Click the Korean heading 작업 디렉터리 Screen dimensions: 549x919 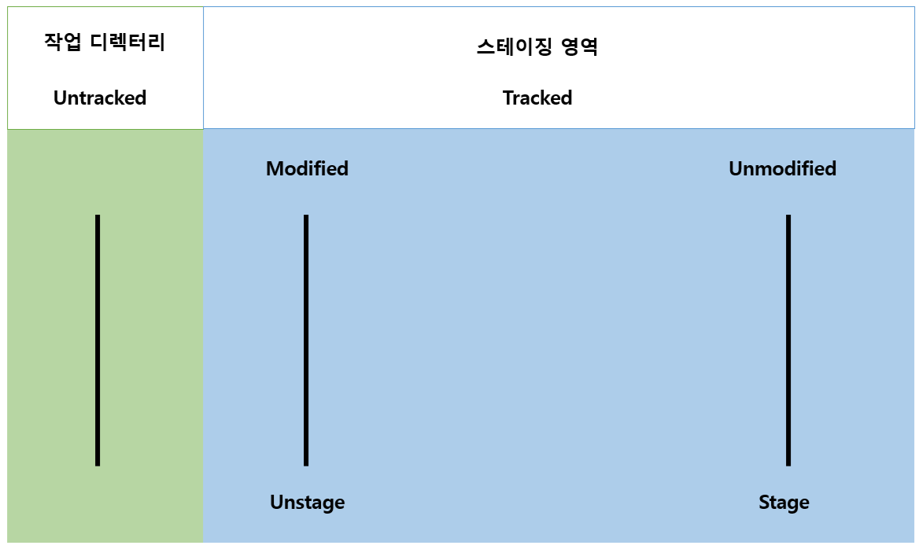105,42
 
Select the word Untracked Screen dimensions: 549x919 100,98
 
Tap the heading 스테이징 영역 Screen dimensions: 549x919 537,47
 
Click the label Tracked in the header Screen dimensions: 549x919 537,98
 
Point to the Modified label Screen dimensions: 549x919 307,169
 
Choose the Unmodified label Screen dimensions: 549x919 782,169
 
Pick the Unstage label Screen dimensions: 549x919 307,503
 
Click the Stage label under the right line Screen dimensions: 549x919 784,503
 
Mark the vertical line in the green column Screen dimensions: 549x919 98,340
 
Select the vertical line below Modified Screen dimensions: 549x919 306,340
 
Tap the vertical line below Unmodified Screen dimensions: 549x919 788,340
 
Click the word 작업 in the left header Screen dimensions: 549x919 62,42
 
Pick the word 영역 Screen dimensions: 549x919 581,47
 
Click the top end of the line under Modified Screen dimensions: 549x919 306,217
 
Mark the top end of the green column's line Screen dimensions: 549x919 98,217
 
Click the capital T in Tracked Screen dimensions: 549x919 508,98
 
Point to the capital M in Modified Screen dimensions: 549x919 275,169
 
